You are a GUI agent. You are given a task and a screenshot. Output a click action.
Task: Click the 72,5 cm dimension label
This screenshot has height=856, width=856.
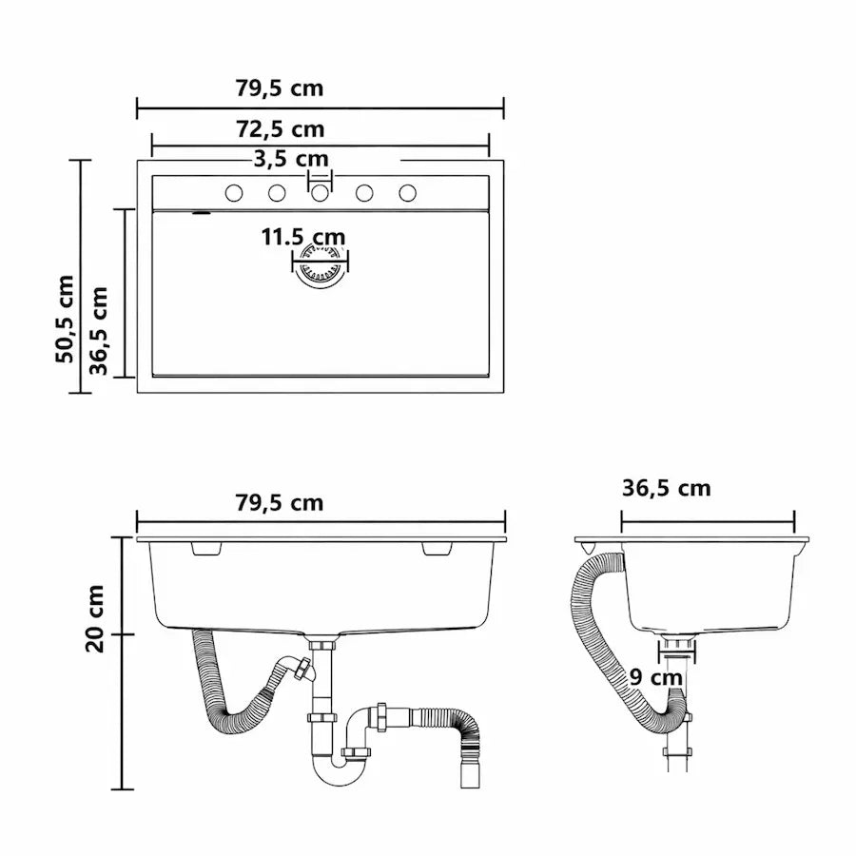click(280, 129)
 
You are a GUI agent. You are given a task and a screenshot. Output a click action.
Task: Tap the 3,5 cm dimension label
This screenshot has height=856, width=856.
click(291, 159)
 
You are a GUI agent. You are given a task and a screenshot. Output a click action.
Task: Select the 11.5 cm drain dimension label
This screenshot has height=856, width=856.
click(303, 237)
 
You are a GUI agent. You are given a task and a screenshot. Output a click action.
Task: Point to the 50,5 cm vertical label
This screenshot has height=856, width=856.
click(65, 319)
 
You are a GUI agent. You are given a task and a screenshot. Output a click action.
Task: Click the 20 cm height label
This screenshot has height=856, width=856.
click(95, 618)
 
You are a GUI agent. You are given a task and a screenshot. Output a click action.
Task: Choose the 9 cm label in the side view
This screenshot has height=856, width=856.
click(655, 677)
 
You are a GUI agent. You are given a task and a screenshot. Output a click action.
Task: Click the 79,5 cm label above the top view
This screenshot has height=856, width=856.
click(280, 88)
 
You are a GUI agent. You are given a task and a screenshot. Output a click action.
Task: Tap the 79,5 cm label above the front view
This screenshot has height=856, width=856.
click(280, 503)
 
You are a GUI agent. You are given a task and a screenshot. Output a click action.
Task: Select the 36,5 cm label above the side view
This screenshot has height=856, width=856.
click(666, 488)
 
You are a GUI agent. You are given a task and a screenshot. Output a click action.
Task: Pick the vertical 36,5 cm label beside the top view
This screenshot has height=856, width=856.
click(99, 331)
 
